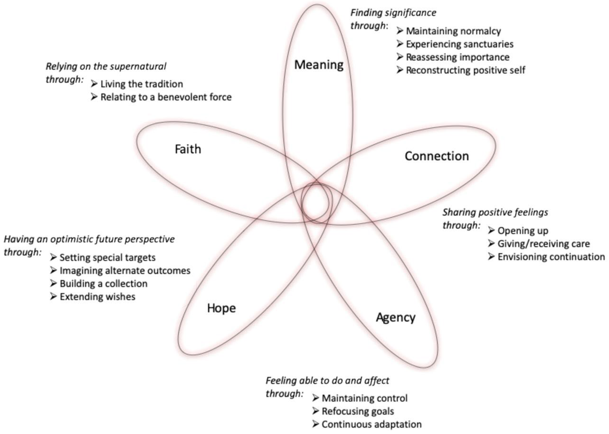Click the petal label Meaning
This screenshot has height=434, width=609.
[x=319, y=65]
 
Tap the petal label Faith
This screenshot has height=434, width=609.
[x=188, y=149]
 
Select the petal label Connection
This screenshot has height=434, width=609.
[x=437, y=156]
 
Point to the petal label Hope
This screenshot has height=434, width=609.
[x=221, y=308]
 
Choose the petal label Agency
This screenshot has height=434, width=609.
[x=396, y=317]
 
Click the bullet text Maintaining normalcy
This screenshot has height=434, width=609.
[x=453, y=31]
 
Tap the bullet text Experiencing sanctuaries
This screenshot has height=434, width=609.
[x=459, y=44]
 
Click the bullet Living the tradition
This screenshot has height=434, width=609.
[x=142, y=84]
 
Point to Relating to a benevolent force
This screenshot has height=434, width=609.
[x=166, y=97]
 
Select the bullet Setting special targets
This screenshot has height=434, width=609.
[x=107, y=257]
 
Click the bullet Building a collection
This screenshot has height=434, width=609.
[x=103, y=284]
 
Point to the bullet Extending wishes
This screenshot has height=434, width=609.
[x=97, y=297]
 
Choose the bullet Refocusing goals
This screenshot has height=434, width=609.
[x=358, y=411]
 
